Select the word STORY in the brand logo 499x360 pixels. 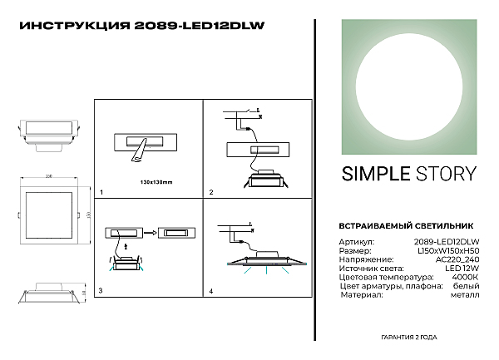click(447, 174)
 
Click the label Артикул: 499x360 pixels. click(356, 241)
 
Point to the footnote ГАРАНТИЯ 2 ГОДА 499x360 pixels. click(408, 337)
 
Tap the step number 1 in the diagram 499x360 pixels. click(101, 192)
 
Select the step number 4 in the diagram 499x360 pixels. click(211, 291)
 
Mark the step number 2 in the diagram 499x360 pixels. click(211, 192)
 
